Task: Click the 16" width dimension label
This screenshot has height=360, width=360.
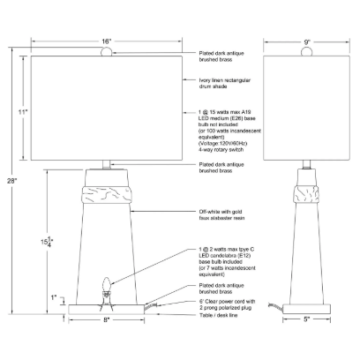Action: click(x=106, y=41)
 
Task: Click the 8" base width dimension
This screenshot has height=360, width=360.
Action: click(x=106, y=319)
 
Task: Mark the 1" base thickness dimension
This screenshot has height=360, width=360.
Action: click(x=53, y=297)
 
